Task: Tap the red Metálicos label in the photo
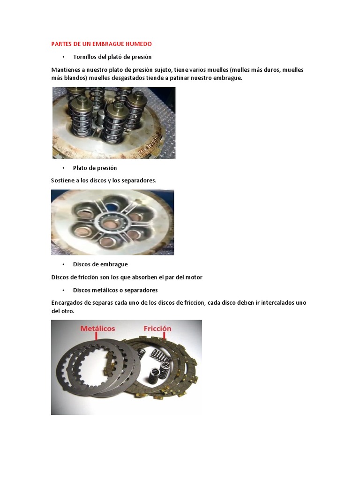(x=97, y=329)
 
